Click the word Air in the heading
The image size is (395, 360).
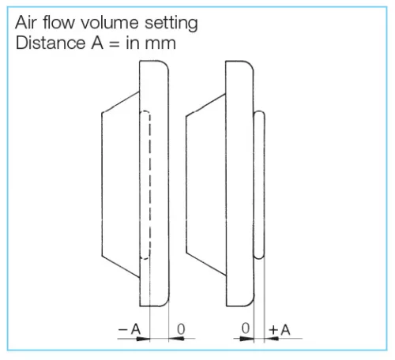[26, 22]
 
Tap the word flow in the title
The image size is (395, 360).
[58, 22]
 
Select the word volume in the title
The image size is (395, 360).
[110, 22]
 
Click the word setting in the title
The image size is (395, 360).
[171, 24]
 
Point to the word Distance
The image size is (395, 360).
[51, 43]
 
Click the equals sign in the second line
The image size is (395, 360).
[115, 43]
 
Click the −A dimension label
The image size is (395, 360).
[130, 329]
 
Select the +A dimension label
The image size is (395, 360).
[280, 330]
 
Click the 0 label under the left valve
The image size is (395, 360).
[181, 329]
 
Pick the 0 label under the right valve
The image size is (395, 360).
[245, 328]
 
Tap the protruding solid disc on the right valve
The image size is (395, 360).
[259, 185]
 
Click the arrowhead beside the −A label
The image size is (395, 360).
[144, 339]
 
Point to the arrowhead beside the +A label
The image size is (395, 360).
[271, 339]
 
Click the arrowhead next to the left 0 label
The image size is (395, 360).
[176, 339]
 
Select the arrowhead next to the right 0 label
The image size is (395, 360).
[247, 339]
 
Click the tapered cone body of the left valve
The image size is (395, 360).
[121, 184]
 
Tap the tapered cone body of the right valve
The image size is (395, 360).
[206, 185]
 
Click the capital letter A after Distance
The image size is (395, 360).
[97, 43]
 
